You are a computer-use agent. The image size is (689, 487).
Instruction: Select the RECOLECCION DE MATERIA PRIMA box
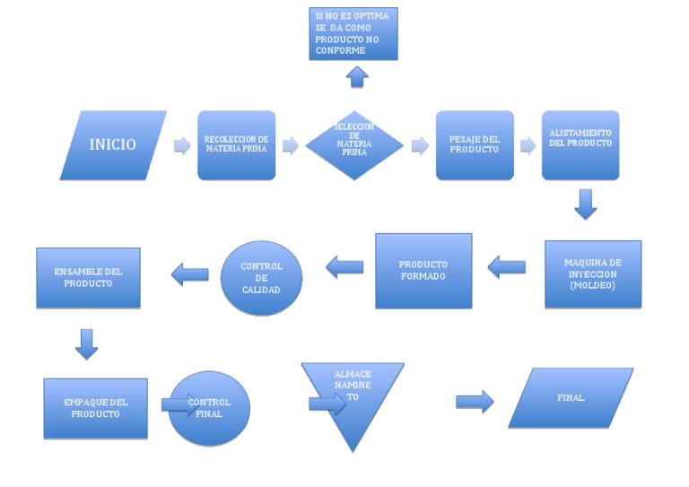[236, 145]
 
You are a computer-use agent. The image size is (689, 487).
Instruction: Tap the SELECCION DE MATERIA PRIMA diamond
[353, 145]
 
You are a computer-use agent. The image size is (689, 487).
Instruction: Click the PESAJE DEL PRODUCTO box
[475, 145]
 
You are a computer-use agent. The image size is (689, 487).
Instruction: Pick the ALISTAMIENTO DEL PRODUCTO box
[580, 145]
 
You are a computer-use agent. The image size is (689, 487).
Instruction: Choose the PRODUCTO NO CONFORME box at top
[353, 34]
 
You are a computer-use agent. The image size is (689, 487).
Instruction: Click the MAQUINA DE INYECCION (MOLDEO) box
[592, 274]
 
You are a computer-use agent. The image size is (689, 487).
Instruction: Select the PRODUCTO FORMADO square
[423, 271]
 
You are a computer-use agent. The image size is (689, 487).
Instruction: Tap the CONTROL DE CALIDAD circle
[261, 278]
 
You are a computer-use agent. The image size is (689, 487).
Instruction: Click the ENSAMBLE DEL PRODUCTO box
[88, 277]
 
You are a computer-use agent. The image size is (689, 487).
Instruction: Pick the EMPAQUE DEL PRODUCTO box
[95, 408]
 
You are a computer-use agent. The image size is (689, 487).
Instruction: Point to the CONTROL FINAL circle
[210, 408]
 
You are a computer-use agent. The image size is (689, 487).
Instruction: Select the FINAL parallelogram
[571, 397]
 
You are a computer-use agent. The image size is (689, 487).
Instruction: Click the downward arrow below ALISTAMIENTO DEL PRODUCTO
[585, 204]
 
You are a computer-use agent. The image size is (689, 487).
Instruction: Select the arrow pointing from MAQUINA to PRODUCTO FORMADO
[507, 265]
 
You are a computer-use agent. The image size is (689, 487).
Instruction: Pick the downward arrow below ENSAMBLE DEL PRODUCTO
[86, 344]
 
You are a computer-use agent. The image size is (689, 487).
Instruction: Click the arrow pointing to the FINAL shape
[475, 401]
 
